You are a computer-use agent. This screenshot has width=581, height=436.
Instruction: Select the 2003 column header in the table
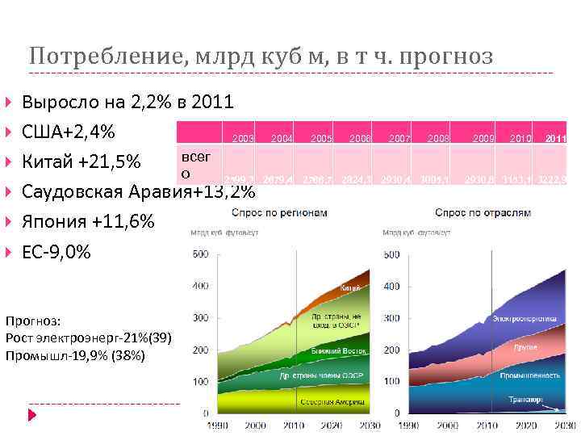pyautogui.click(x=243, y=139)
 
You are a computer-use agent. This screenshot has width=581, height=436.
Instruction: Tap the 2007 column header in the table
pyautogui.click(x=399, y=139)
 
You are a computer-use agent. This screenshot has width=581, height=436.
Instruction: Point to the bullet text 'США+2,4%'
pyautogui.click(x=69, y=132)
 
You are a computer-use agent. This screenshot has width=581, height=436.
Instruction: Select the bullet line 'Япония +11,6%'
pyautogui.click(x=88, y=221)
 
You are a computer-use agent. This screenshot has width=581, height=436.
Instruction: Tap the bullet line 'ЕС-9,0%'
pyautogui.click(x=57, y=251)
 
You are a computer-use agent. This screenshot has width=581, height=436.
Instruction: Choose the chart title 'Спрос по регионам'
pyautogui.click(x=280, y=213)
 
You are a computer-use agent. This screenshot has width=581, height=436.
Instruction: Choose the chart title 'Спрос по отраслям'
pyautogui.click(x=472, y=213)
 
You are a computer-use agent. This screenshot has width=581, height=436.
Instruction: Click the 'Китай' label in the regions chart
pyautogui.click(x=350, y=287)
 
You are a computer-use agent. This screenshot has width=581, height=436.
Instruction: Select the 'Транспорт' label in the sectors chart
pyautogui.click(x=525, y=399)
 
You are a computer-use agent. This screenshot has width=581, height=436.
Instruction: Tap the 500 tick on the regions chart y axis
pyautogui.click(x=199, y=255)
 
